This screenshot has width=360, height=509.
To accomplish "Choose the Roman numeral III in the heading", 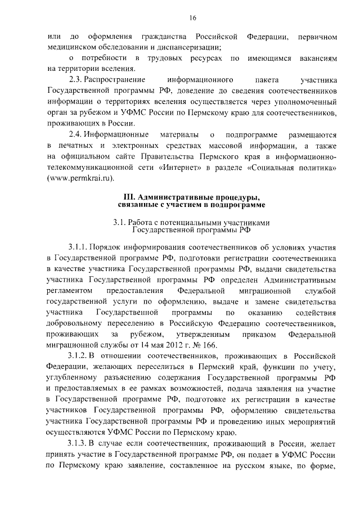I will pos(129,197).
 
